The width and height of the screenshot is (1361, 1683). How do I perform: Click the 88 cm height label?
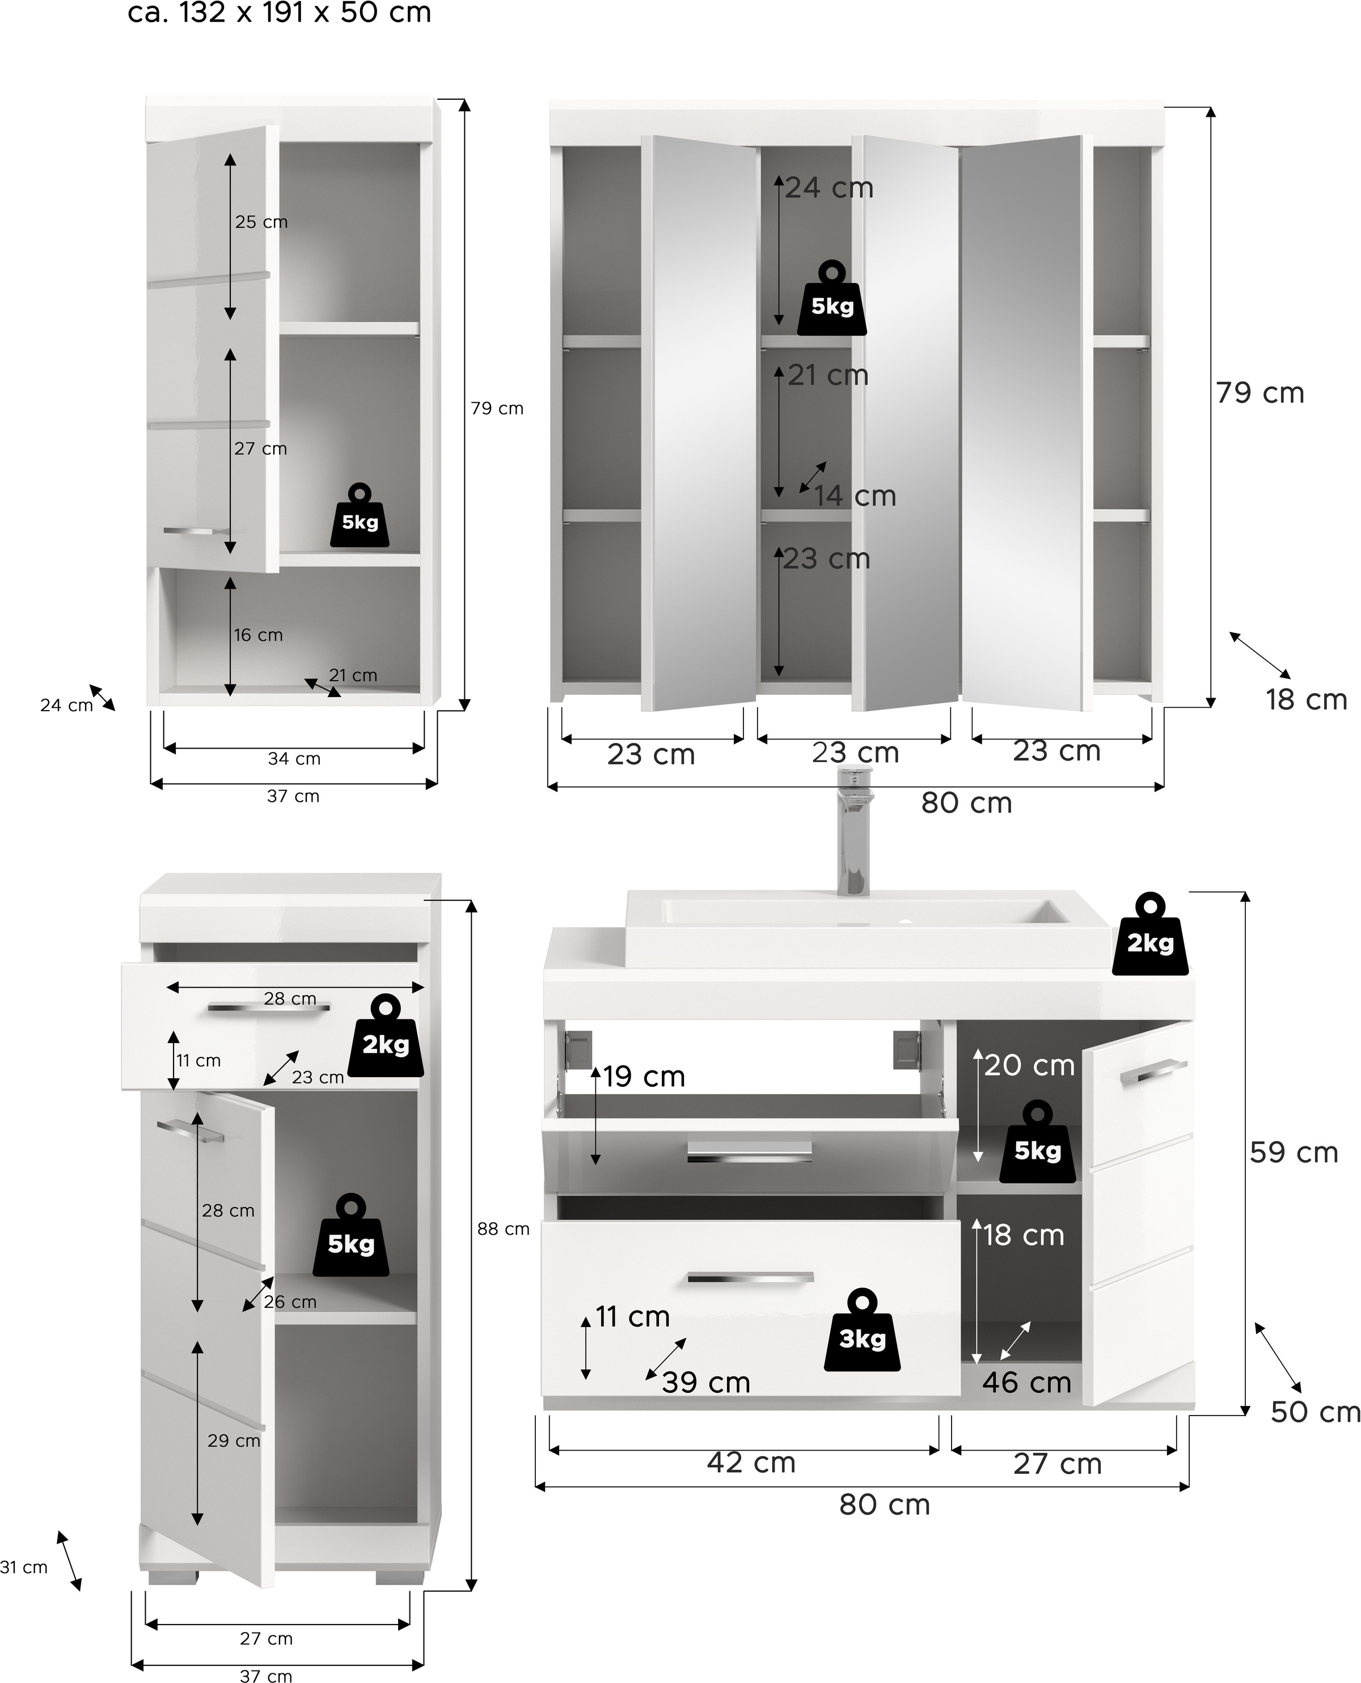[x=504, y=1229]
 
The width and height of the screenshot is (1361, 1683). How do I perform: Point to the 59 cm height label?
[x=1294, y=1153]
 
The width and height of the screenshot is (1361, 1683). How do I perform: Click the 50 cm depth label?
[x=1314, y=1412]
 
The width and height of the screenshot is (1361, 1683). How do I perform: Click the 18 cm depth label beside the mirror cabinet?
[x=1306, y=700]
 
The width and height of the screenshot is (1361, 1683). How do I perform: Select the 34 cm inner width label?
[x=294, y=758]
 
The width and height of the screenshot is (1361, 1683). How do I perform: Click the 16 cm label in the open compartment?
[x=258, y=635]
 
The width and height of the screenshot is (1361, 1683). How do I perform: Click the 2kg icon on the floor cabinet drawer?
[x=386, y=1035]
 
